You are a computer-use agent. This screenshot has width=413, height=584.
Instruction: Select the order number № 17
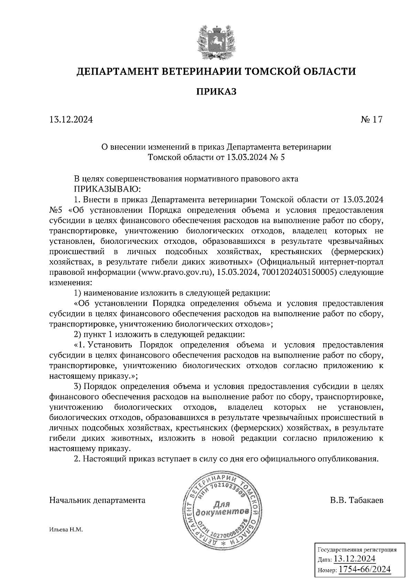tap(371, 120)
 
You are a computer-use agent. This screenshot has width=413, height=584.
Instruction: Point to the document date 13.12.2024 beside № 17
tap(71, 120)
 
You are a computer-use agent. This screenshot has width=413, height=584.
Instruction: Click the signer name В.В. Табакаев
tap(356, 500)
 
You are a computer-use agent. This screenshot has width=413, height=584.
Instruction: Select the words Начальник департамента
tap(97, 500)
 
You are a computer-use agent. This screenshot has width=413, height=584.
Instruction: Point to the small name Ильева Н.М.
tap(66, 530)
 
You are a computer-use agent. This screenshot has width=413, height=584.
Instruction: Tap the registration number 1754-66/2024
tap(365, 569)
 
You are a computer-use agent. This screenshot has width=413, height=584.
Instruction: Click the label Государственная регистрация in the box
tap(357, 550)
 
